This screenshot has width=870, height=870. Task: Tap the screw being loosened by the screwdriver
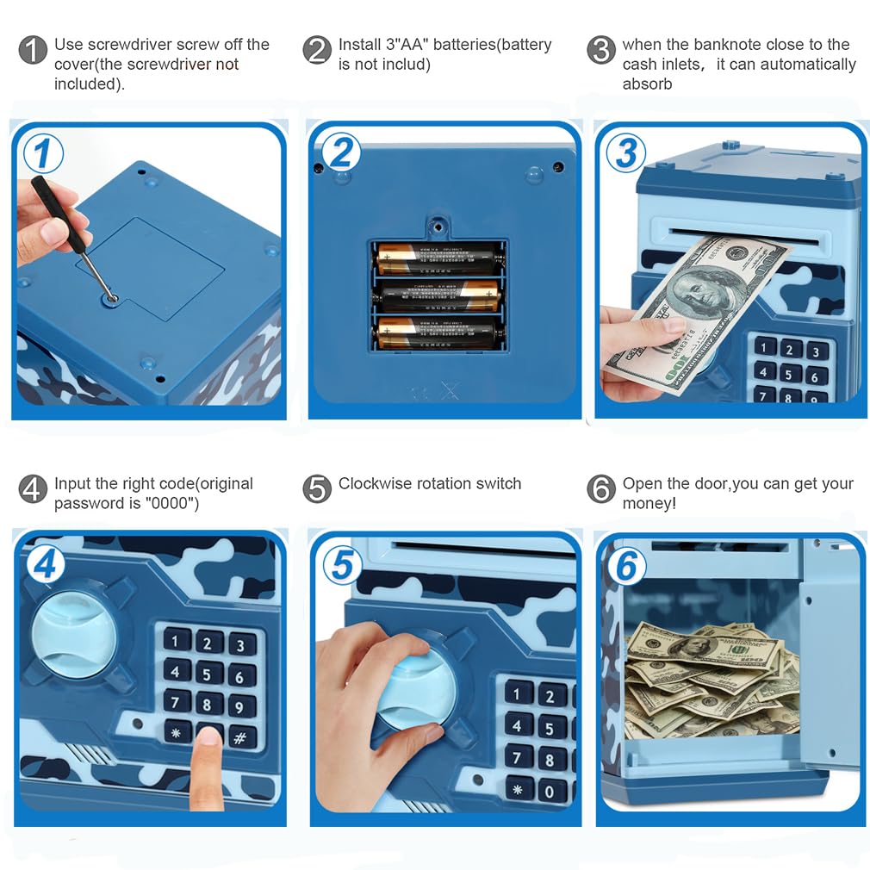point(111,297)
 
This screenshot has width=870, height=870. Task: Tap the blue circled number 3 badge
point(626,153)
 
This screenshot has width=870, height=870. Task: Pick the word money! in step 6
point(649,503)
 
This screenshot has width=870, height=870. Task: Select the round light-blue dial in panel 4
point(75,635)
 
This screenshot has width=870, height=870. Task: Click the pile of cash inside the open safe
point(711,680)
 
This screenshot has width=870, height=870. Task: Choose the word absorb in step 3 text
point(647,84)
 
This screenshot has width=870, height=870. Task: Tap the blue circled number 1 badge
point(43,156)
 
